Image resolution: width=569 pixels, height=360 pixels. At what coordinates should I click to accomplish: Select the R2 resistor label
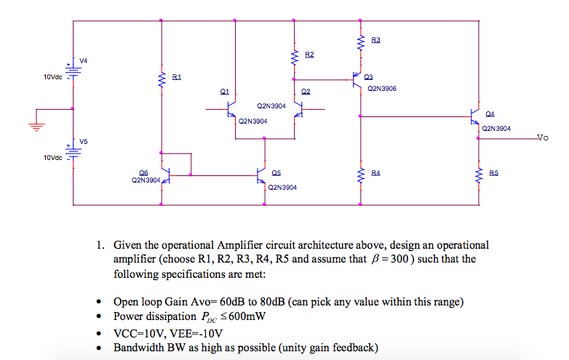click(x=309, y=55)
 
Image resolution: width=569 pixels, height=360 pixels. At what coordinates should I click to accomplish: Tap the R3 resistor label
click(x=375, y=40)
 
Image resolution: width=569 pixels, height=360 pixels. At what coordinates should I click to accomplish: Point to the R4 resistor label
click(x=375, y=173)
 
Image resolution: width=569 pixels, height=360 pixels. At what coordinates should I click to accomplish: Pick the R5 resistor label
click(x=494, y=173)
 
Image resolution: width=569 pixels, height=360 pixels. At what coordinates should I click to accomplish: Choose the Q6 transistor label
click(x=143, y=172)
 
